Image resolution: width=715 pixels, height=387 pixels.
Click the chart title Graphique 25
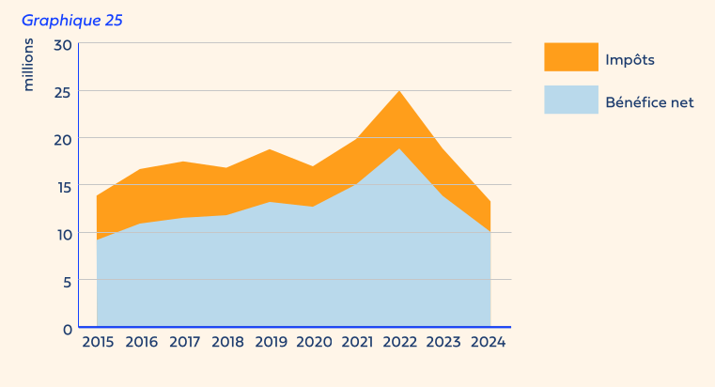tap(71, 20)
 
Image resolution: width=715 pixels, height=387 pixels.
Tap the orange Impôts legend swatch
tap(570, 57)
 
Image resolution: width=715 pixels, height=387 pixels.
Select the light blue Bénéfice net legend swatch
tap(570, 100)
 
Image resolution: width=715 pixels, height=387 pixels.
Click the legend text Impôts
tap(630, 59)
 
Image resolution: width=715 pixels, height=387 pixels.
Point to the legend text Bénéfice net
tap(649, 101)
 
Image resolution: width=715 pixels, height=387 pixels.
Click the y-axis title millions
tap(28, 65)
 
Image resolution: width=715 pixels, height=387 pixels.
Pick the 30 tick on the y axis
tap(63, 44)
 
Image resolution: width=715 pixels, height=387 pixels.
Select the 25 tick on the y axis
tap(63, 92)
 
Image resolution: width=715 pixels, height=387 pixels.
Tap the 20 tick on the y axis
tap(63, 139)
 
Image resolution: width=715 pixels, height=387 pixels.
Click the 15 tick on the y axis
tap(63, 187)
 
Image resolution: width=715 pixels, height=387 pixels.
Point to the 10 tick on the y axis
tap(63, 234)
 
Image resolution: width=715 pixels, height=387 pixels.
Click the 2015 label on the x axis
tap(98, 343)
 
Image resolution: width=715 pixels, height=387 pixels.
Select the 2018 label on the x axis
tap(228, 343)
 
